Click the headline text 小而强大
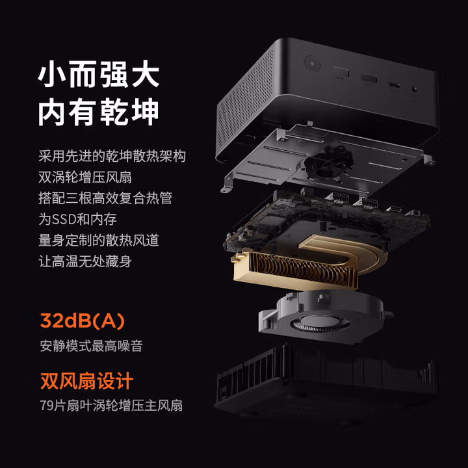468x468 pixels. [x=99, y=74]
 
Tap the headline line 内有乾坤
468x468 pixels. [x=99, y=112]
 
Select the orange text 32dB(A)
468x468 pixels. [x=83, y=321]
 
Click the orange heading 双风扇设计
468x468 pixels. [x=87, y=381]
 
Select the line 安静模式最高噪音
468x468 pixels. [x=92, y=346]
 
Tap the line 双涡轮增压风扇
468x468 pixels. [x=85, y=177]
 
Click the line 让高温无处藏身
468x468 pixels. [x=85, y=261]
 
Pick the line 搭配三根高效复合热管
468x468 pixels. [x=105, y=198]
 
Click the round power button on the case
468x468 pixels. [x=312, y=63]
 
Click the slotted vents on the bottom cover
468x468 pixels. [x=248, y=373]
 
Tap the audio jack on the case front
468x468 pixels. [x=415, y=89]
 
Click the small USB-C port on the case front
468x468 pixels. [x=395, y=84]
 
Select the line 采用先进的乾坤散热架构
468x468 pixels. [x=112, y=156]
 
